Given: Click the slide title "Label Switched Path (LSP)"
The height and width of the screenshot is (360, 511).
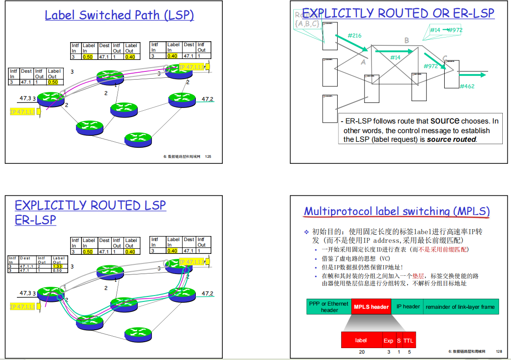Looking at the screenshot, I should coord(119,15).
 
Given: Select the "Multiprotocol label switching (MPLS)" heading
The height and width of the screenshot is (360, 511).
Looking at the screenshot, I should coord(397,211).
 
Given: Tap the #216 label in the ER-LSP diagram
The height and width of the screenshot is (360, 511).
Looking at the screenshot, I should coord(355,35).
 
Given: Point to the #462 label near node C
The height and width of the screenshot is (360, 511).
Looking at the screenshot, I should coord(467,86).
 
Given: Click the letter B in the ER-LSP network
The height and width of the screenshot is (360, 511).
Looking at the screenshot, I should coord(406,41).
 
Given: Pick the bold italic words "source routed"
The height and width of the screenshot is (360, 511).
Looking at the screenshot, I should coord(452,140).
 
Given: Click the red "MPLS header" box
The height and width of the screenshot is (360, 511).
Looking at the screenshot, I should coord(371,307).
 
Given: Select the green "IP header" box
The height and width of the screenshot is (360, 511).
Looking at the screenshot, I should coord(408,306).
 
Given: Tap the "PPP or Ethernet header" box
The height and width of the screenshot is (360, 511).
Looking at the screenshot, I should coord(329,307).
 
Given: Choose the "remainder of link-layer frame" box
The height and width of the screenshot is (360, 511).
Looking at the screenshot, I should coord(460,307).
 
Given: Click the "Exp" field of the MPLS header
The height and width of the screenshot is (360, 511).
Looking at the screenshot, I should coord(388,340).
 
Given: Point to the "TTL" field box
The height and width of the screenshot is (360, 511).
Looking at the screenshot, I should coord(408,340).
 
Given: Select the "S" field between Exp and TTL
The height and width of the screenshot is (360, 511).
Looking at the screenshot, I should coord(399,340).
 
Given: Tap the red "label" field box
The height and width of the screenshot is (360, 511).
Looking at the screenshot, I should coord(361,340).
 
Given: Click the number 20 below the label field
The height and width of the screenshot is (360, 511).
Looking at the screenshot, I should coord(362,352).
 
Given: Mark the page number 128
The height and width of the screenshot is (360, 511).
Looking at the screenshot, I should coord(499,351).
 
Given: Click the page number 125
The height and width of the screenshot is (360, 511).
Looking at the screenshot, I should coord(208,156).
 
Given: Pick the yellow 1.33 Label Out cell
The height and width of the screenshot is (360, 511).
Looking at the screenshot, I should coord(58,266).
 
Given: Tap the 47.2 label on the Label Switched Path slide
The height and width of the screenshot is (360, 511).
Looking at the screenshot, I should coord(208,99).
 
